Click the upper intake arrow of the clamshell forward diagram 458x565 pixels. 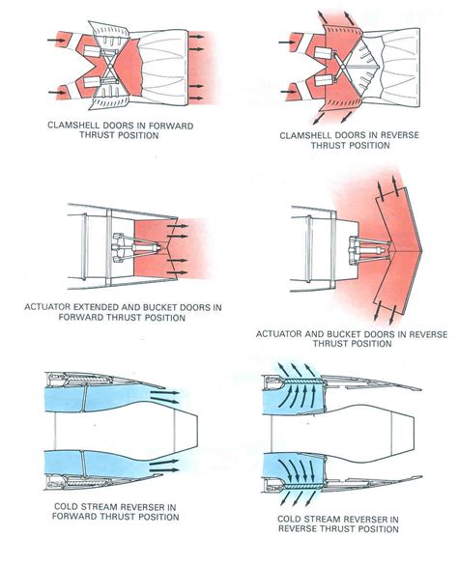[43, 41]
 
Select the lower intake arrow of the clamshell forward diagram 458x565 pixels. [43, 93]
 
